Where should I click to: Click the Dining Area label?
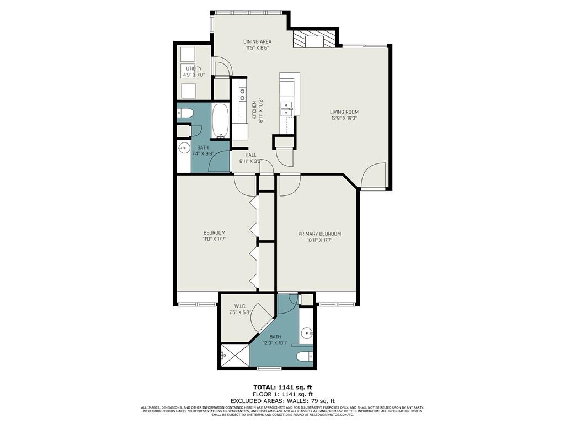tap(258, 41)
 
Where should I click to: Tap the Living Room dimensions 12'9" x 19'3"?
tap(344, 118)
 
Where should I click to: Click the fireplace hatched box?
tap(314, 40)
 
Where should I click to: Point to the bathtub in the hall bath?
tap(220, 120)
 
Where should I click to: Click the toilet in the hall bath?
tap(185, 114)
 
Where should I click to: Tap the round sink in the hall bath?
tap(184, 147)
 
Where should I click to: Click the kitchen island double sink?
tap(286, 109)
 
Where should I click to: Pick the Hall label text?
tap(251, 155)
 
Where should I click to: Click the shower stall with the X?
tap(235, 356)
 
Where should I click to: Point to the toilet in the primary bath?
tap(304, 357)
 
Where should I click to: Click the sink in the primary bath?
tap(307, 333)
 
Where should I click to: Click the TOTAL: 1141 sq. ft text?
tap(282, 387)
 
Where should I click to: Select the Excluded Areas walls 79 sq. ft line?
tap(282, 401)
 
